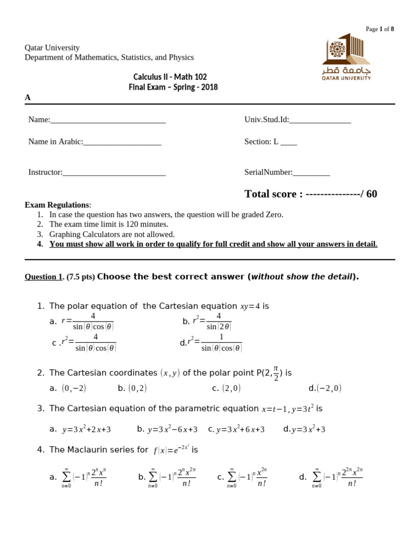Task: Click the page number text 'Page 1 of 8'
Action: pyautogui.click(x=380, y=29)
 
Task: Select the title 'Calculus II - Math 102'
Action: pyautogui.click(x=170, y=77)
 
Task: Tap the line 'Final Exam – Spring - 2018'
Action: pyautogui.click(x=173, y=87)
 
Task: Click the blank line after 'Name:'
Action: pyautogui.click(x=108, y=120)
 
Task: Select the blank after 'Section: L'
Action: pyautogui.click(x=289, y=142)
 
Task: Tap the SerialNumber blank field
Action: pyautogui.click(x=311, y=173)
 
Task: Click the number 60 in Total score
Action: pyautogui.click(x=371, y=194)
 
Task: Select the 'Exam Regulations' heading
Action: pyautogui.click(x=57, y=205)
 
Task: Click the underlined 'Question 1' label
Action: pyautogui.click(x=43, y=277)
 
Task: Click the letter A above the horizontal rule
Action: pyautogui.click(x=27, y=97)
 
